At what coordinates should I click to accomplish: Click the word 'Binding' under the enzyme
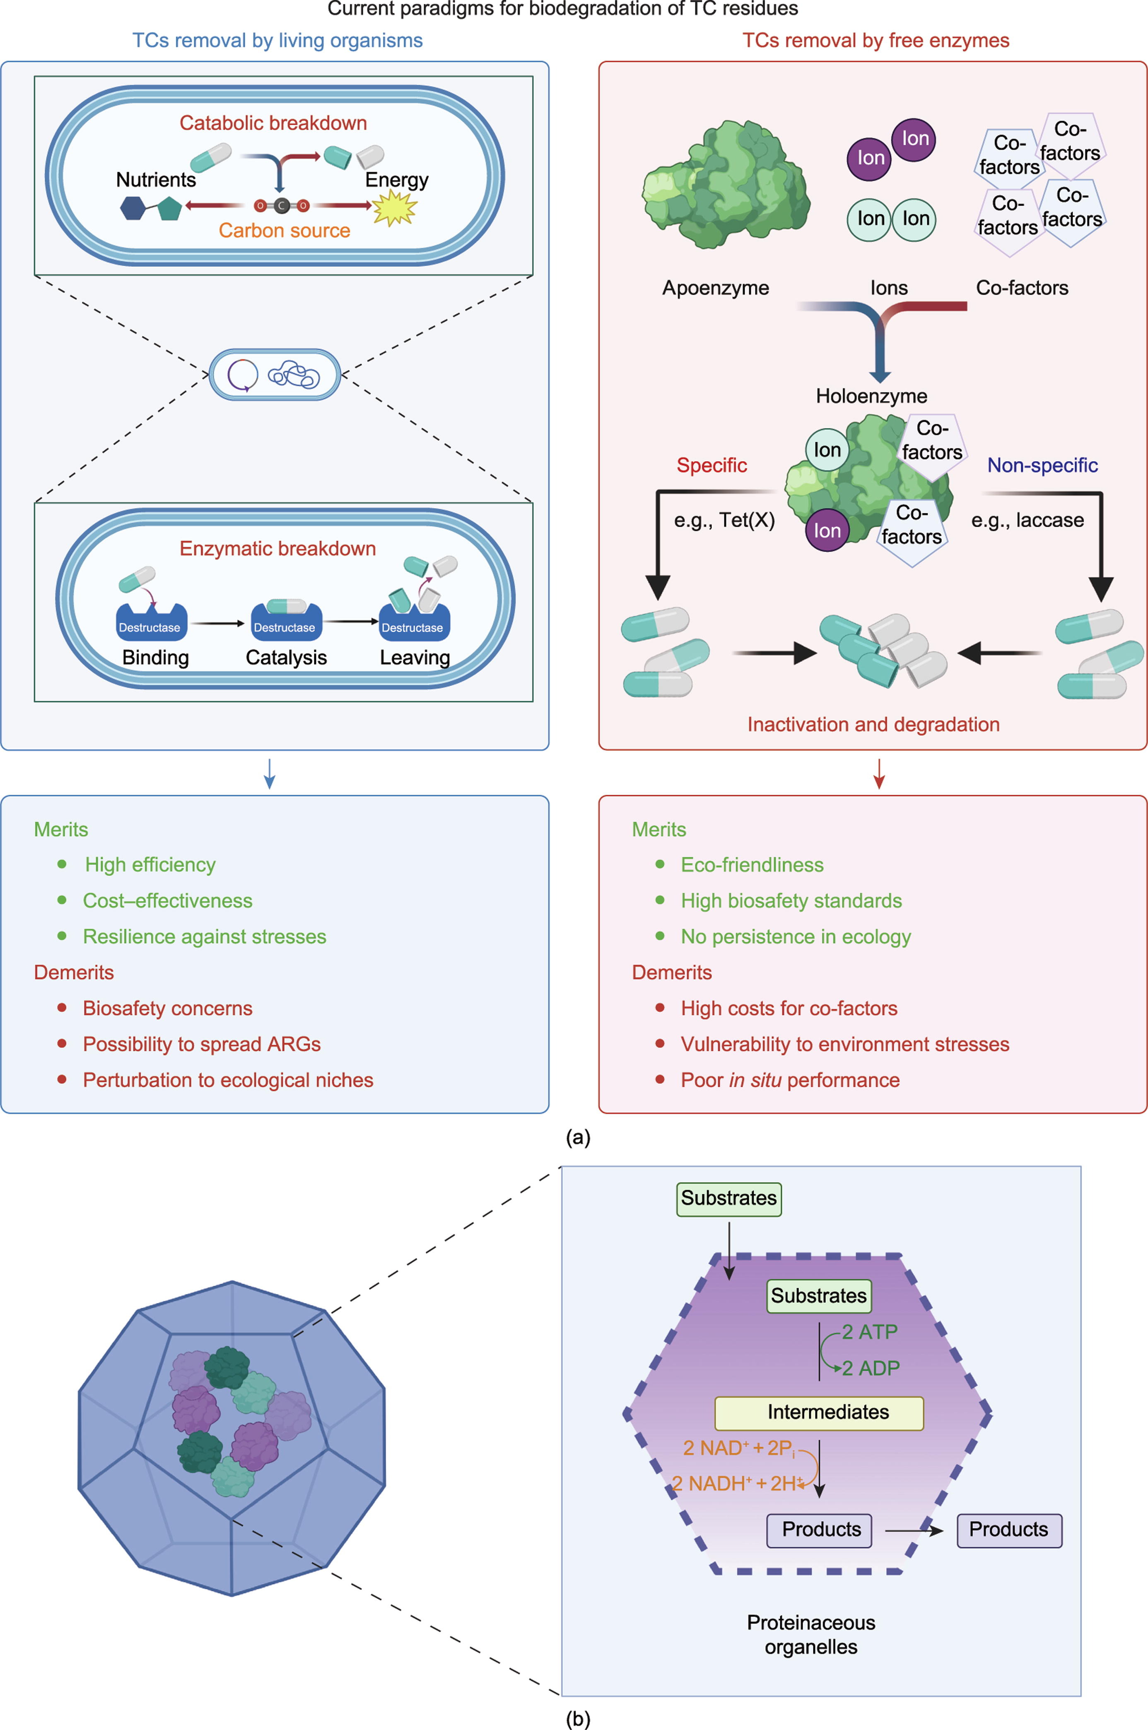(x=155, y=658)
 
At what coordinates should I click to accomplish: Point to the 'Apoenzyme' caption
(x=715, y=288)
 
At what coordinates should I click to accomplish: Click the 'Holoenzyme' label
(x=871, y=396)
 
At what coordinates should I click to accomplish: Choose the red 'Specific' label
(x=711, y=465)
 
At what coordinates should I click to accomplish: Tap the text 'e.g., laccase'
(x=1027, y=520)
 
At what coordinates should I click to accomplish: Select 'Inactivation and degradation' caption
(x=873, y=724)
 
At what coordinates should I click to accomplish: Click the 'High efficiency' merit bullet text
(x=150, y=865)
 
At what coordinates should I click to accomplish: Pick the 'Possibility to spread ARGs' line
(x=201, y=1045)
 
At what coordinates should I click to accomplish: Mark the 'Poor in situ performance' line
(x=790, y=1080)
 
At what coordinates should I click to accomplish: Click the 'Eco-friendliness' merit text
(x=752, y=865)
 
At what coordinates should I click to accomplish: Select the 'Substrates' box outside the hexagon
(x=728, y=1198)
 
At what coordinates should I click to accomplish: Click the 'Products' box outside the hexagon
(x=1009, y=1529)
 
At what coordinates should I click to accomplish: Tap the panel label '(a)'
(x=578, y=1137)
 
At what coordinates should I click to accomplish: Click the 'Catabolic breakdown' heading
(x=273, y=123)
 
